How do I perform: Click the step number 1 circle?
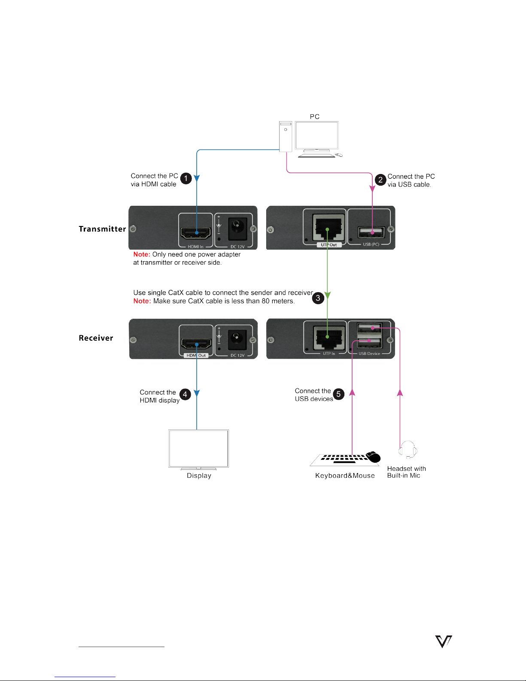186,178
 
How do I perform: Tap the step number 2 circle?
380,180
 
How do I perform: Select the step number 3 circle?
318,298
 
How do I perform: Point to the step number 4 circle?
185,394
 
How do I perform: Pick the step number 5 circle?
338,394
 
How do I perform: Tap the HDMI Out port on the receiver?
196,344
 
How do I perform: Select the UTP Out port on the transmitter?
327,229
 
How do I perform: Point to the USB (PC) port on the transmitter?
371,232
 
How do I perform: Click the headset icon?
407,450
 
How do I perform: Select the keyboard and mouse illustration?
346,459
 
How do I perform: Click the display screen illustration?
198,449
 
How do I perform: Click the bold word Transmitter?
102,229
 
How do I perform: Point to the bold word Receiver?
96,338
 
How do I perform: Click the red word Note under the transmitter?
141,254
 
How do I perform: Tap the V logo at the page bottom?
444,641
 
